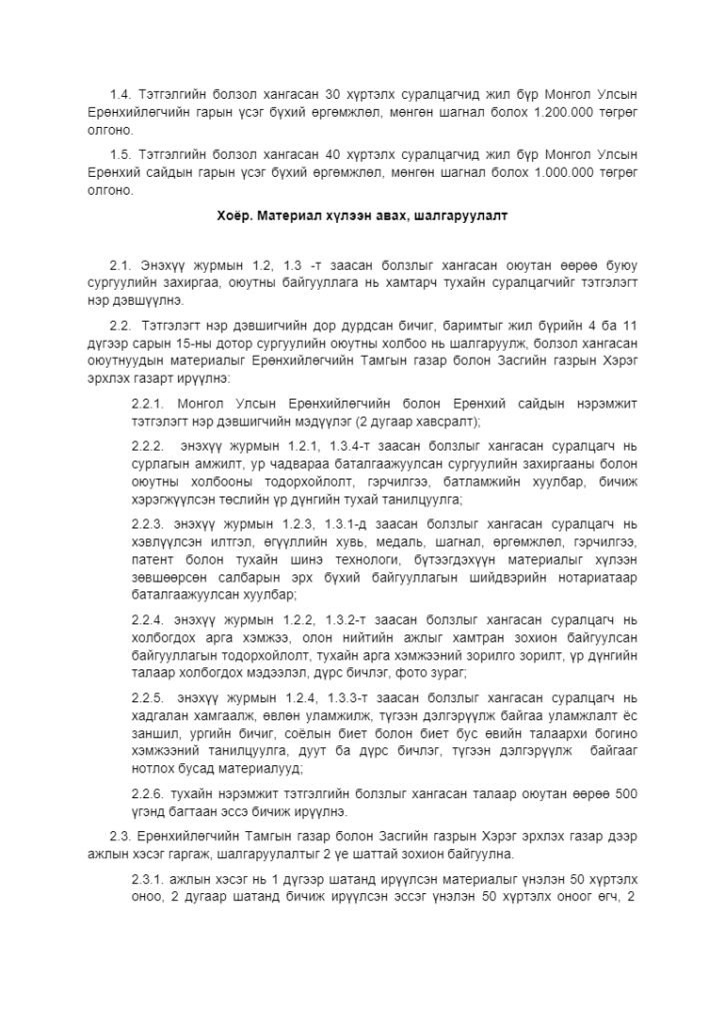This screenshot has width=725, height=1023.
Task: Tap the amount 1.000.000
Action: point(561,173)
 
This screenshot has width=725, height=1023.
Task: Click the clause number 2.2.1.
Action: point(147,403)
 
